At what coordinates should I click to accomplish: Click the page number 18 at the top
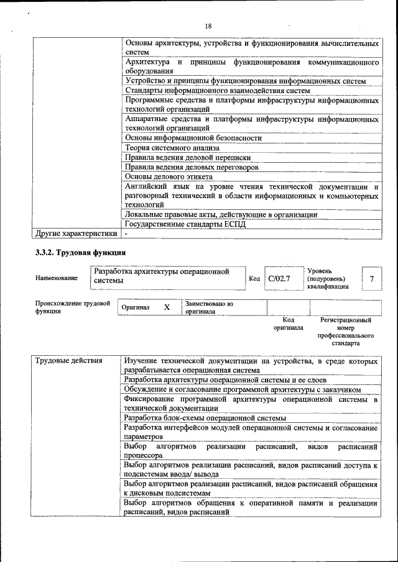[x=208, y=26]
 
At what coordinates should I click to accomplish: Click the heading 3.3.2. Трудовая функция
[x=80, y=253]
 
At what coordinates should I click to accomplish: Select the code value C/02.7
[x=279, y=279]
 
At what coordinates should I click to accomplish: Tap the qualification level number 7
[x=371, y=279]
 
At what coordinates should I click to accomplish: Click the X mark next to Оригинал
[x=167, y=307]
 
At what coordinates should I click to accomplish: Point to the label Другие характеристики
[x=76, y=234]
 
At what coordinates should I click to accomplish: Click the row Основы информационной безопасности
[x=193, y=138]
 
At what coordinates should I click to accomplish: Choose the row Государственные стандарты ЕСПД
[x=185, y=224]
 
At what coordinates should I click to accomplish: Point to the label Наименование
[x=57, y=278]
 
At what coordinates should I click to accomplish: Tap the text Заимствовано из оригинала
[x=208, y=307]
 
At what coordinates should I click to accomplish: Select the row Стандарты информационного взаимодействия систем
[x=217, y=91]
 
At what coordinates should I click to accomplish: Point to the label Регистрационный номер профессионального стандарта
[x=346, y=332]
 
